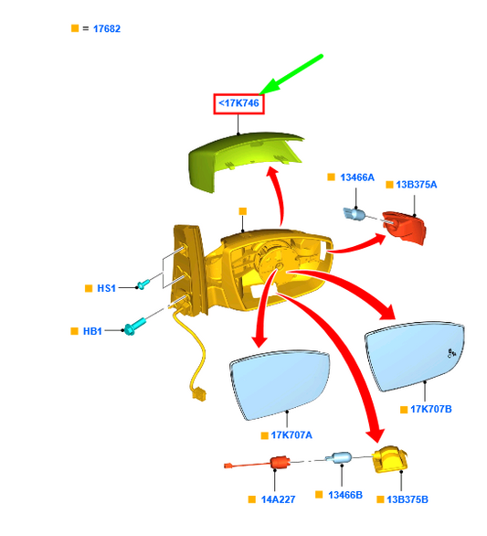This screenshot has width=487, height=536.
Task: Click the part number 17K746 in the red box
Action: point(239,102)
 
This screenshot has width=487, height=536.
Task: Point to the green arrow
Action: point(291,74)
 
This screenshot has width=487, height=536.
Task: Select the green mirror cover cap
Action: point(244,161)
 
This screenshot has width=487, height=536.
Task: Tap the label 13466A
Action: point(357,177)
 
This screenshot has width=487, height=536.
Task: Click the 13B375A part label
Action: point(417,185)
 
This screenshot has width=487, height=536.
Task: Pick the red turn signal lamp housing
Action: point(405,227)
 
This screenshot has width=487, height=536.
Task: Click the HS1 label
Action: point(107,288)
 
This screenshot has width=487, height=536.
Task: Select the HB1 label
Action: point(92,331)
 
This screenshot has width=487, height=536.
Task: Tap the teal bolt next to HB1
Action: point(134,327)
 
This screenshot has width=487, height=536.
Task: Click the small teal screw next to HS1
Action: point(143,284)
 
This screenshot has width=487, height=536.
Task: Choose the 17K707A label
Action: point(291,435)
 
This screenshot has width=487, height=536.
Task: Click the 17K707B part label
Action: point(431,409)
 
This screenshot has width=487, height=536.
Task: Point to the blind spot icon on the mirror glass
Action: point(452,353)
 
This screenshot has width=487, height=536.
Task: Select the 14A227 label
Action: point(278,499)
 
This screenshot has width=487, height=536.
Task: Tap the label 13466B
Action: point(345,495)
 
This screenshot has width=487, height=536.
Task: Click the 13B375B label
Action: point(408,499)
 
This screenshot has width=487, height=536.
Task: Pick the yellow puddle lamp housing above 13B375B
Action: point(390,459)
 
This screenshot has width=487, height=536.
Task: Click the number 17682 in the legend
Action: point(107,28)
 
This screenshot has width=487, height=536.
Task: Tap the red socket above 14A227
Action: point(280,462)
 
